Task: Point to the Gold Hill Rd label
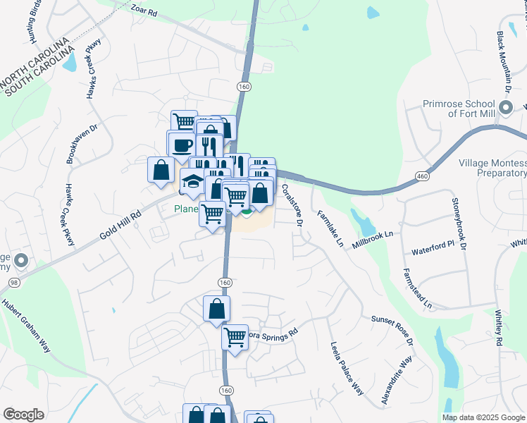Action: tap(121, 224)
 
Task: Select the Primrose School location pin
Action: tap(505, 108)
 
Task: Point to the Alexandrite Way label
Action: tap(397, 381)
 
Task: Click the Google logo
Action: tap(23, 415)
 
